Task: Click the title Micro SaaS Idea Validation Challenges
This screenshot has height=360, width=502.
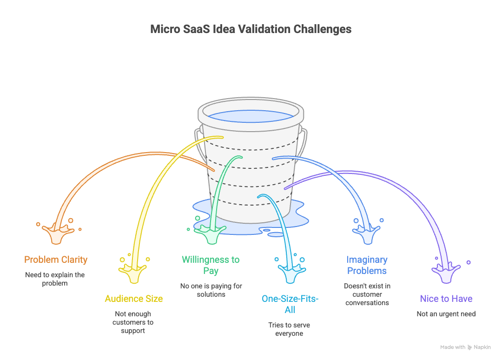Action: (251, 29)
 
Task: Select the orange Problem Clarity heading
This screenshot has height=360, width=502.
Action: (56, 260)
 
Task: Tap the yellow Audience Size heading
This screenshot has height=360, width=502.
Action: (133, 299)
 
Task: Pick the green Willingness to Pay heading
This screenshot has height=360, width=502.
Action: (211, 265)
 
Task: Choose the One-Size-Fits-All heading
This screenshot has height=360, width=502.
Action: (290, 304)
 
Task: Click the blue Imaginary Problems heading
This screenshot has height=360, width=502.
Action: (367, 265)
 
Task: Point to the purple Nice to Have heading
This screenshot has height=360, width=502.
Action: (446, 299)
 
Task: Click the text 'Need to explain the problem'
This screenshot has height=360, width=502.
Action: (55, 279)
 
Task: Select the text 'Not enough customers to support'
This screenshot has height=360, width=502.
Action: (133, 322)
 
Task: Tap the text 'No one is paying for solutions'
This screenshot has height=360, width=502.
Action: (211, 290)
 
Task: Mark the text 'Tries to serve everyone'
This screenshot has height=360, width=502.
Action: (289, 329)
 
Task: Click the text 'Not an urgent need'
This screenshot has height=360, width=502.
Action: (446, 314)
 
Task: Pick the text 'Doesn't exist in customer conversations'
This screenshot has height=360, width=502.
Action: (367, 294)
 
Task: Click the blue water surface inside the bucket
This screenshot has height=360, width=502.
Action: (250, 116)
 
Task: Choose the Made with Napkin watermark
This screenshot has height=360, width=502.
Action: (465, 347)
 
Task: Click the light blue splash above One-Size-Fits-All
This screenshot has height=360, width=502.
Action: (289, 272)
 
